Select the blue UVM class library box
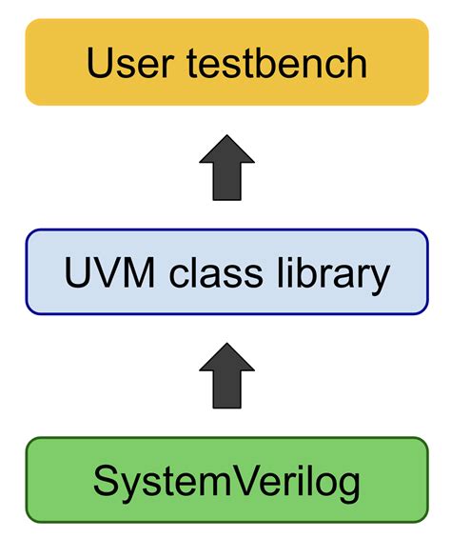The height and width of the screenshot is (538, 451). tap(225, 271)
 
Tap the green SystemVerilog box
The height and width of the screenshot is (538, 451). tap(225, 481)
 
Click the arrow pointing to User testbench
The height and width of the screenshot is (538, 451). tap(226, 168)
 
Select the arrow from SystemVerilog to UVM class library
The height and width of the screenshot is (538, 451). tap(226, 377)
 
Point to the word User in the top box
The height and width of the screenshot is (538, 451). tap(121, 63)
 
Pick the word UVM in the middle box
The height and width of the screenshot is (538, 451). tap(102, 273)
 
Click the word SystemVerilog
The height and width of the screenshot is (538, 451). tap(226, 483)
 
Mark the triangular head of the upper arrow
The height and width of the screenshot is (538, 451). tap(226, 150)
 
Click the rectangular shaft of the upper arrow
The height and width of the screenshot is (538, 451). tap(226, 184)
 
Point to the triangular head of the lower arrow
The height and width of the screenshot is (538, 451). tap(226, 360)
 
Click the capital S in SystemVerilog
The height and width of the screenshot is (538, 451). tap(104, 482)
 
